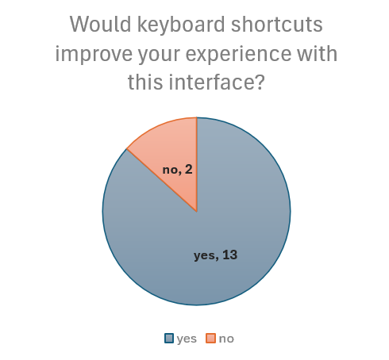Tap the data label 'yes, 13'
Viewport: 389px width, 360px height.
click(216, 255)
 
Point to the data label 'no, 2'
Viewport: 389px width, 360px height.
click(177, 169)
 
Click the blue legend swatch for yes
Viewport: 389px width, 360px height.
click(169, 339)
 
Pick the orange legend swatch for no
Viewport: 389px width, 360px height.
click(210, 339)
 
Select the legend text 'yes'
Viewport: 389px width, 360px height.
click(187, 339)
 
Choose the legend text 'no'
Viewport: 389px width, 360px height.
click(226, 339)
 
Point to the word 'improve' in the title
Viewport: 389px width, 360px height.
click(92, 55)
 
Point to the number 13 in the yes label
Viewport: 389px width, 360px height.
click(229, 255)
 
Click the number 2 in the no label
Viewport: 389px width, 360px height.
click(188, 169)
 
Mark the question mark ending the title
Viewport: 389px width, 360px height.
click(258, 82)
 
